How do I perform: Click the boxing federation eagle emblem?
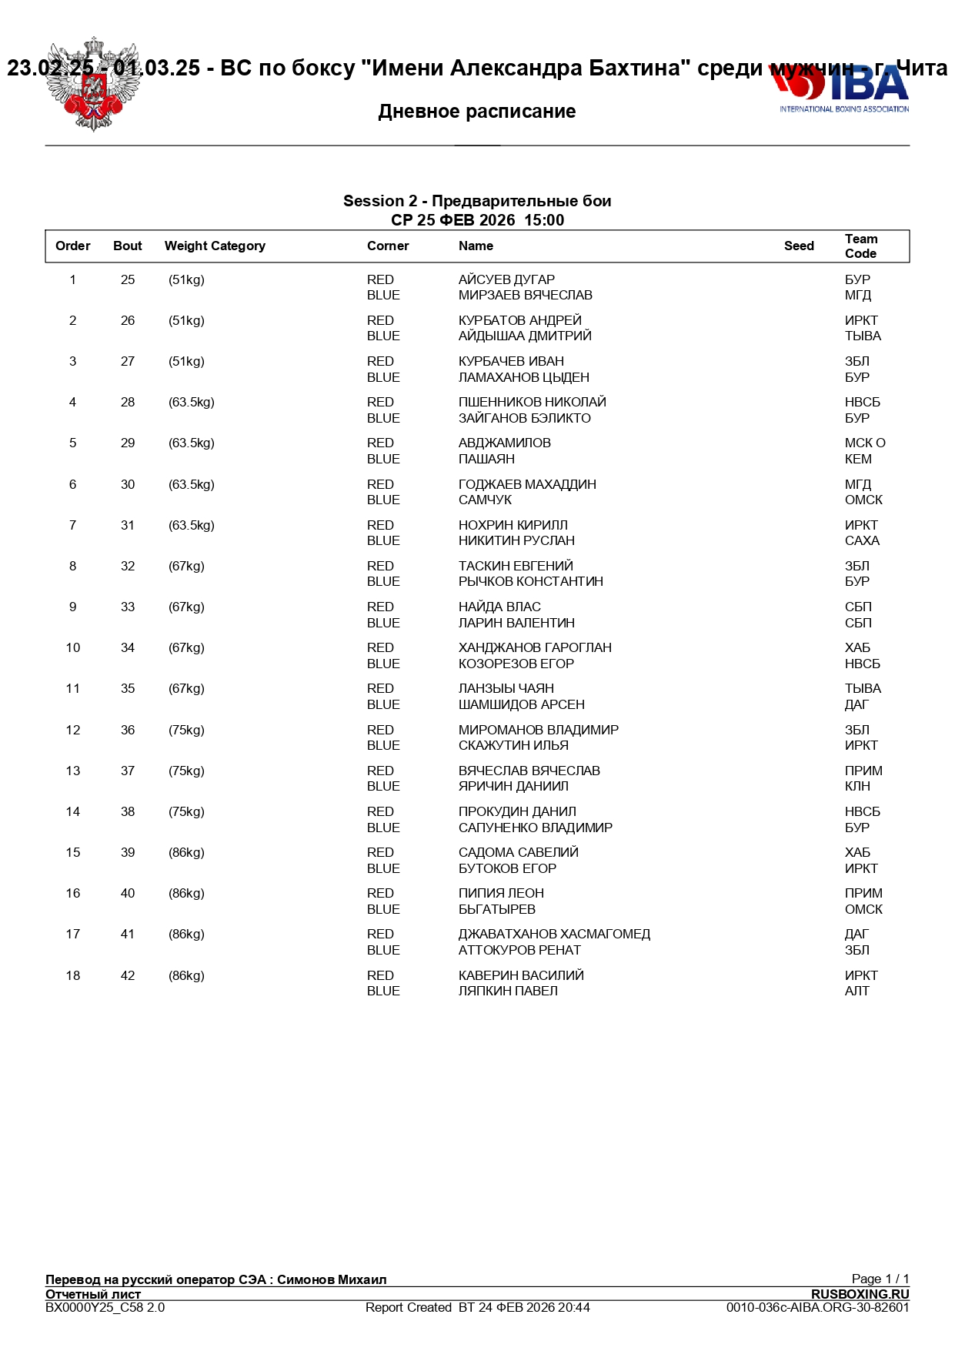tap(93, 85)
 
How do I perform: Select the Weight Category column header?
tap(215, 246)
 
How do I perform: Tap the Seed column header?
tap(799, 246)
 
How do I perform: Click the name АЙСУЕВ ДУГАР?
tap(506, 280)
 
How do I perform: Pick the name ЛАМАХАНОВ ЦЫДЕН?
tap(523, 378)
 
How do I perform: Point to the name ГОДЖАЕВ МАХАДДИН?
tap(527, 485)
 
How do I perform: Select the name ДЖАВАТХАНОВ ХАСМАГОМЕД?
tap(554, 935)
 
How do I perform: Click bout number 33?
tap(128, 607)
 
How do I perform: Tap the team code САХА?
tap(862, 541)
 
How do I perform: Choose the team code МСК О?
tap(865, 443)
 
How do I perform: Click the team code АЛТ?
tap(856, 992)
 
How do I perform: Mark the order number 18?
tap(73, 976)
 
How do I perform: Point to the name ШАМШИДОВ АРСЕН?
tap(521, 705)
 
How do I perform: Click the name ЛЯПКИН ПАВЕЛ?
tap(508, 992)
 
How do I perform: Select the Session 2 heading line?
tap(477, 202)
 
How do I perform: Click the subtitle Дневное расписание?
tap(477, 112)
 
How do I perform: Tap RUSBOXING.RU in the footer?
tap(860, 1294)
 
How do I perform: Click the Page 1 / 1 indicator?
tap(880, 1279)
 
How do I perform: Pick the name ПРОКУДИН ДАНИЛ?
tap(517, 812)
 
